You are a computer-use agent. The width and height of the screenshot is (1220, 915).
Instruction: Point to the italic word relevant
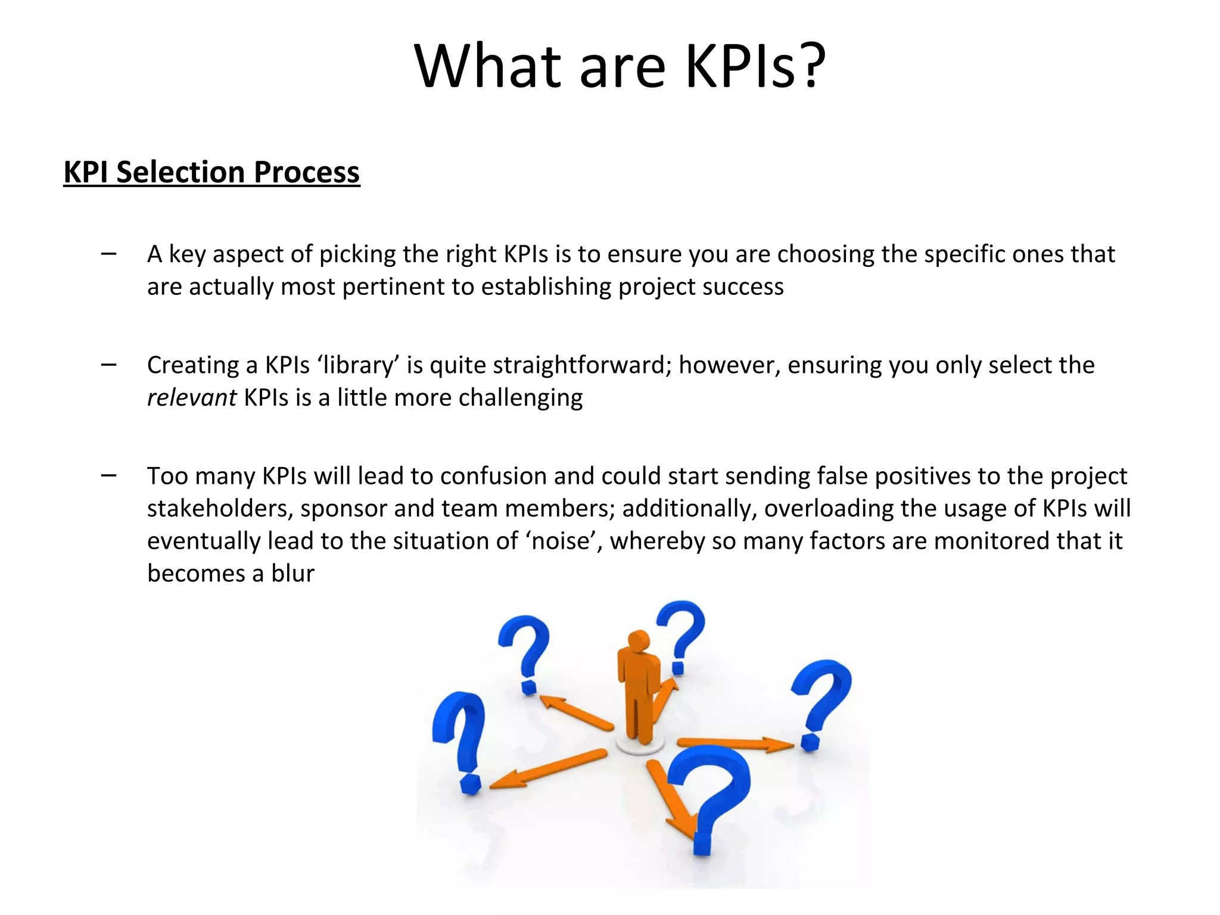click(191, 398)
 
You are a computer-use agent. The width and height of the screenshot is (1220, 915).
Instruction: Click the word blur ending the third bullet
click(292, 574)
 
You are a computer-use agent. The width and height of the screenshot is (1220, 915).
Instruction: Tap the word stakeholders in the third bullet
click(220, 509)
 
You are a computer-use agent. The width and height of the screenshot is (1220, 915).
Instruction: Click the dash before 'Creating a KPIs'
click(109, 364)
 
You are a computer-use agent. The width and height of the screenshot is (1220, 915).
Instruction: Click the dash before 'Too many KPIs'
click(109, 475)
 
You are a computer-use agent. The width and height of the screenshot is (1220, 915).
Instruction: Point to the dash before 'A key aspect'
click(109, 253)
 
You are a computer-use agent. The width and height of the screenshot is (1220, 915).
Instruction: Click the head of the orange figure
click(638, 642)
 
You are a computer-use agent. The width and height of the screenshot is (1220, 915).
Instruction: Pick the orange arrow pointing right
click(736, 743)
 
